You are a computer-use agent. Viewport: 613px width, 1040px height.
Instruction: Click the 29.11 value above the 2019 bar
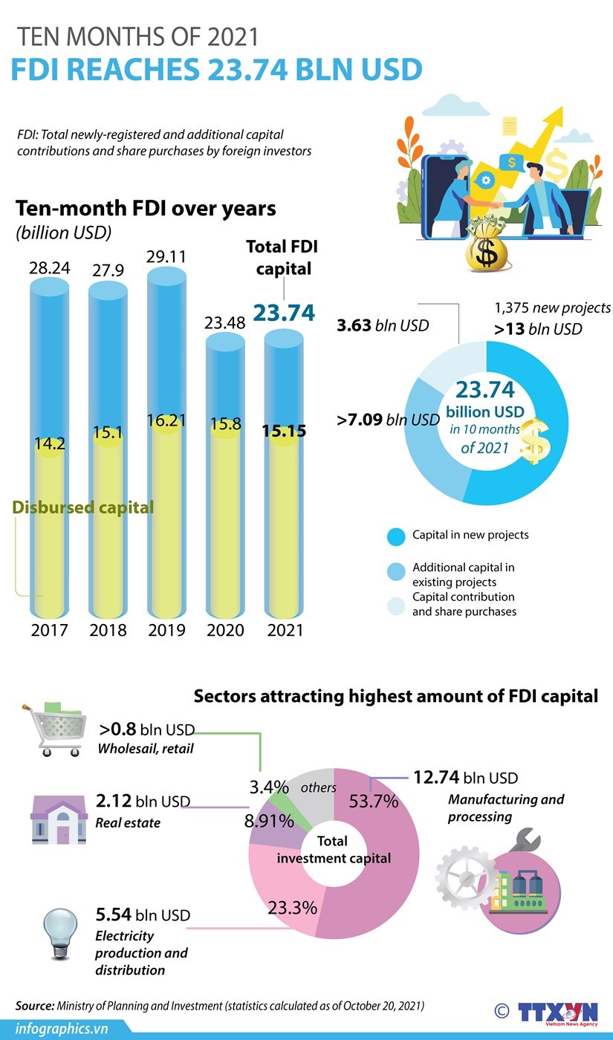point(166,257)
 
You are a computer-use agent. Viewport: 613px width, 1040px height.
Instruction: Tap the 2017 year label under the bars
point(50,630)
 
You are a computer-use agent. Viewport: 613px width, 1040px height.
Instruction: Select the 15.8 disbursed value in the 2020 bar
point(225,425)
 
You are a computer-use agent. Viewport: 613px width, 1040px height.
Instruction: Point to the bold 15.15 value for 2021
point(284,431)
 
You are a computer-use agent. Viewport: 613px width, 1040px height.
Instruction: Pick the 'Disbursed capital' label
point(83,507)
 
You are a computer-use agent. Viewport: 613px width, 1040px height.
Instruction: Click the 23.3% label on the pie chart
point(292,907)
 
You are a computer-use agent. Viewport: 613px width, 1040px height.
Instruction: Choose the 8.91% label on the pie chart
point(269,822)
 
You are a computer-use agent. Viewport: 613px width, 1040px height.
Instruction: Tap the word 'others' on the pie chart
point(319,787)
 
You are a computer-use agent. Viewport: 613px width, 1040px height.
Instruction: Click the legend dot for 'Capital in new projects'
point(397,536)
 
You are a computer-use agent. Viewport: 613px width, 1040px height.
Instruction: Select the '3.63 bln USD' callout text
point(383,325)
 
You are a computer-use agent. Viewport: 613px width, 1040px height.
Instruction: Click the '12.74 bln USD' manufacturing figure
point(466,778)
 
